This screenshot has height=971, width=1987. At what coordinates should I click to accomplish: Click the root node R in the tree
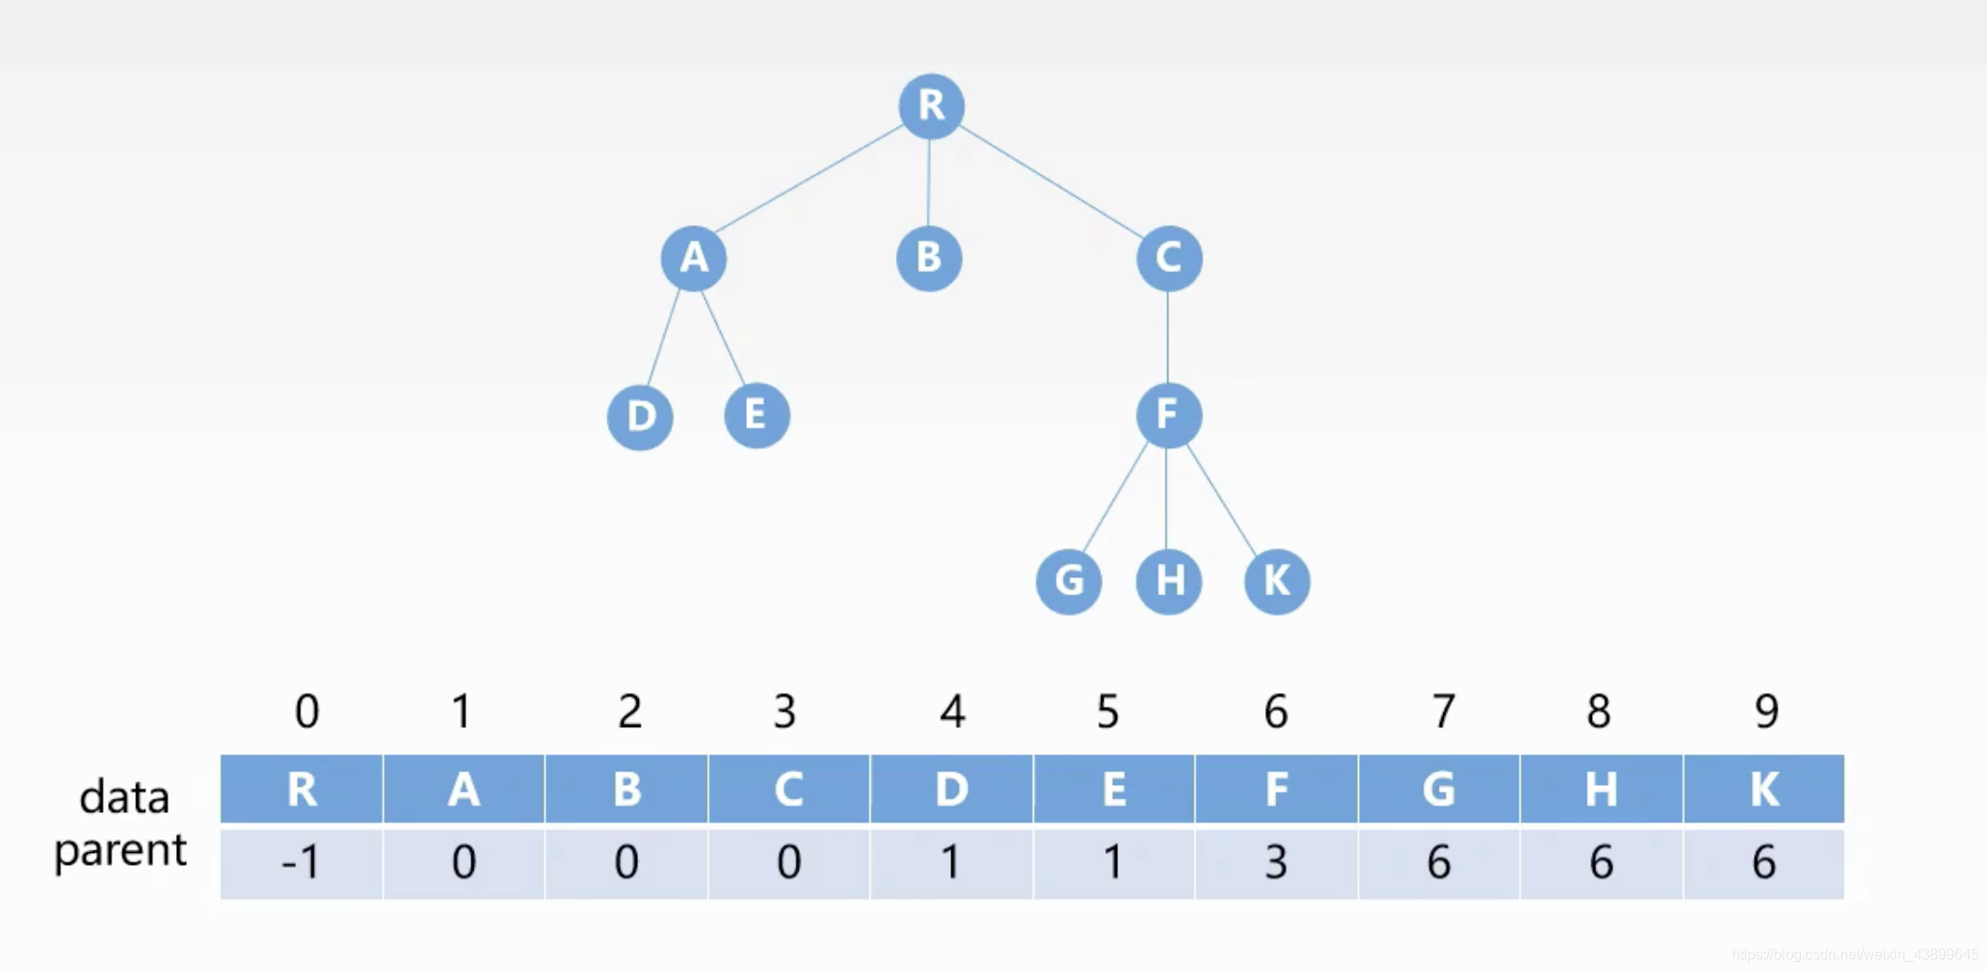(x=930, y=106)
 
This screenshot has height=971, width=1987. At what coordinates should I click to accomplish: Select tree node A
(x=693, y=259)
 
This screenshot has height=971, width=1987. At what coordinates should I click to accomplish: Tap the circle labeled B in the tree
(x=929, y=259)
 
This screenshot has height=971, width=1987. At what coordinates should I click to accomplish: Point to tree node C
(x=1168, y=259)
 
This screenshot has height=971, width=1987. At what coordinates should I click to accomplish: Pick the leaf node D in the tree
(x=640, y=417)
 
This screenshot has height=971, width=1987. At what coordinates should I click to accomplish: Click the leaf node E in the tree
(x=756, y=416)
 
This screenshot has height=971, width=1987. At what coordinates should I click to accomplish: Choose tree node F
(x=1168, y=416)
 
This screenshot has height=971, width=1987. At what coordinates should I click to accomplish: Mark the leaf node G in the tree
(x=1068, y=582)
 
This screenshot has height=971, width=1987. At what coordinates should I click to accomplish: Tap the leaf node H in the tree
(x=1168, y=582)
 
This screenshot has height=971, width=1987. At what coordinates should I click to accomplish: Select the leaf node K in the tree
(x=1276, y=582)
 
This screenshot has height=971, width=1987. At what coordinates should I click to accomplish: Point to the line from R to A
(x=808, y=178)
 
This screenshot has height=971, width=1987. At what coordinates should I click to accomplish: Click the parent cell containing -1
(x=301, y=862)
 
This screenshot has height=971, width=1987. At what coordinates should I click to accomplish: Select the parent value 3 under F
(x=1276, y=862)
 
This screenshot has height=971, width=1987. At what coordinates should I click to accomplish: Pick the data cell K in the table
(x=1764, y=790)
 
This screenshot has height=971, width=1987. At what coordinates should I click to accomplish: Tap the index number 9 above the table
(x=1766, y=711)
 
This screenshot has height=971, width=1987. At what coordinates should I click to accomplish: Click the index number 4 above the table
(x=951, y=711)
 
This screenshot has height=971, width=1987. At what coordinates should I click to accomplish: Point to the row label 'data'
(x=124, y=798)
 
